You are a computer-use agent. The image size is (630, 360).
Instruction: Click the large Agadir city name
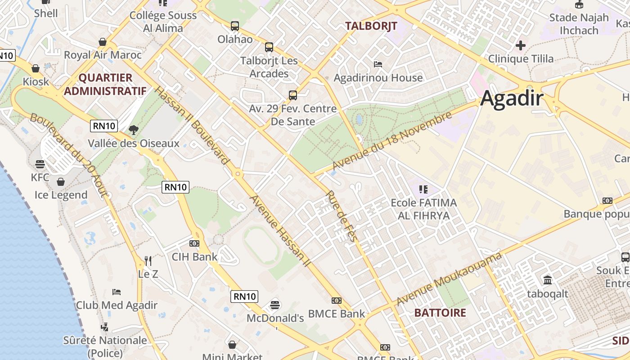click(512, 98)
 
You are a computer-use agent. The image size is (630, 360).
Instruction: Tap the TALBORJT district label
click(371, 26)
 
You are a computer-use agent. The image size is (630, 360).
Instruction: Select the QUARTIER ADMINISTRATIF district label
click(105, 84)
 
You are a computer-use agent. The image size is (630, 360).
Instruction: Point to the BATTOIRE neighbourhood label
click(440, 313)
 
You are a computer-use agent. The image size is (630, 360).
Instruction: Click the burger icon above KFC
click(40, 164)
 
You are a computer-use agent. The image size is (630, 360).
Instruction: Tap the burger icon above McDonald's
click(275, 305)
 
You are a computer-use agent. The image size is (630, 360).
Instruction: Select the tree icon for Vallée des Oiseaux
click(133, 130)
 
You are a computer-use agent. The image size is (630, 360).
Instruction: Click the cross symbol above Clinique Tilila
click(521, 45)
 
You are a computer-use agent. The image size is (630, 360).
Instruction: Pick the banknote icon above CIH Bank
click(194, 243)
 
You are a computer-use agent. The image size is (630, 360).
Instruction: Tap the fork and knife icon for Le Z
click(148, 261)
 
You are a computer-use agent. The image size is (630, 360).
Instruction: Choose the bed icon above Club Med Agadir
click(117, 292)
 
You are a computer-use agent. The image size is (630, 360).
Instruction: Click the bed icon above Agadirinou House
click(378, 64)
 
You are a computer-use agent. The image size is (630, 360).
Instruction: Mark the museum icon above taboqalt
click(548, 280)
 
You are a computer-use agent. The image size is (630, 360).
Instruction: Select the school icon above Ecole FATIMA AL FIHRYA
click(423, 189)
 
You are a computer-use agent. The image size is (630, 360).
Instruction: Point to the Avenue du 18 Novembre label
click(391, 141)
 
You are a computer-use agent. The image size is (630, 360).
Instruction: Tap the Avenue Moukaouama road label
click(449, 279)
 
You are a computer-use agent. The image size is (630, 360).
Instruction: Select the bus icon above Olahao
click(235, 26)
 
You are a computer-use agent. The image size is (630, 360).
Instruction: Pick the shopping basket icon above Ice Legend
click(61, 182)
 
